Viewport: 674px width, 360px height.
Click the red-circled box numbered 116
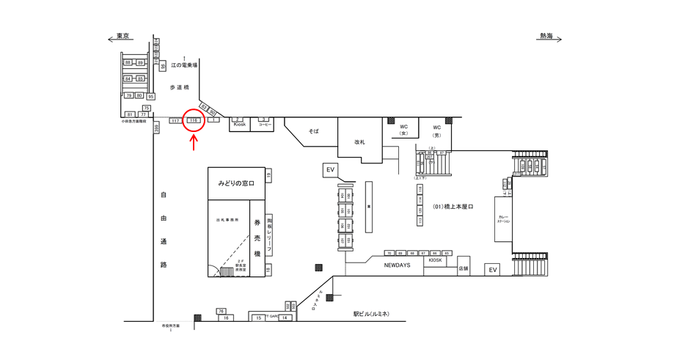[x=194, y=120]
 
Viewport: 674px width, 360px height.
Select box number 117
[x=175, y=120]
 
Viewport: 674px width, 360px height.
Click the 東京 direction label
[x=123, y=37]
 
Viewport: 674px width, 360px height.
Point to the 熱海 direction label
[x=546, y=37]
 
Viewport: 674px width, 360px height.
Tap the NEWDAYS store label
[x=397, y=265]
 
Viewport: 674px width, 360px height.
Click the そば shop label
[x=313, y=131]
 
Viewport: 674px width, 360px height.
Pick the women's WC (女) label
[x=403, y=131]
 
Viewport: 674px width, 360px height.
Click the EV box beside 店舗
[x=493, y=270]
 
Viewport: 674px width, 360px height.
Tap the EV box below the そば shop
[x=330, y=170]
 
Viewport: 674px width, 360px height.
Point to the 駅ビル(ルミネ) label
[x=371, y=314]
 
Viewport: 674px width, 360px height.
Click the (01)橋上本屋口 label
[x=453, y=207]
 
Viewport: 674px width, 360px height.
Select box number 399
[x=156, y=128]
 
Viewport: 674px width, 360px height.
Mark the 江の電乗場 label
[x=185, y=65]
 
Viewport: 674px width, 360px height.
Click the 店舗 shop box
[x=464, y=268]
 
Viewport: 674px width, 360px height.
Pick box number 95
[x=150, y=96]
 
